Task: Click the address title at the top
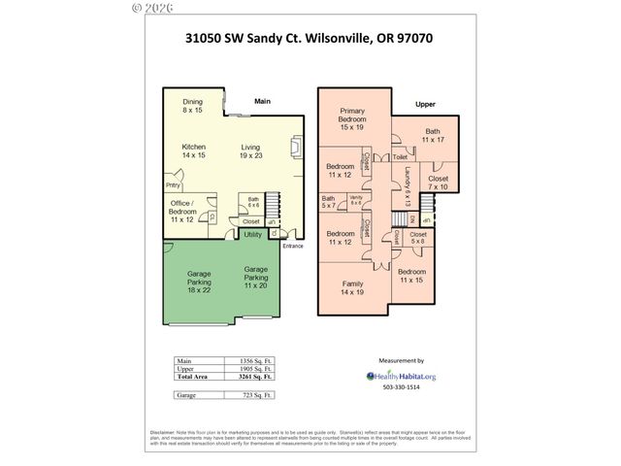pyautogui.click(x=309, y=41)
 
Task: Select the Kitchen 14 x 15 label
pyautogui.click(x=195, y=151)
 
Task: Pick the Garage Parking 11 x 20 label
pyautogui.click(x=256, y=278)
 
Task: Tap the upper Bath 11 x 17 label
pyautogui.click(x=431, y=137)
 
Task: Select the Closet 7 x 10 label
pyautogui.click(x=439, y=183)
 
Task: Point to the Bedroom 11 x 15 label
pyautogui.click(x=412, y=276)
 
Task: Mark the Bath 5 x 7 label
pyautogui.click(x=328, y=202)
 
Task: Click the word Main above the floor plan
pyautogui.click(x=262, y=101)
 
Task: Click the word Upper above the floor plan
pyautogui.click(x=425, y=103)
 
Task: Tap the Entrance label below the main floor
pyautogui.click(x=293, y=246)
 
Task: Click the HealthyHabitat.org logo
pyautogui.click(x=401, y=376)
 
